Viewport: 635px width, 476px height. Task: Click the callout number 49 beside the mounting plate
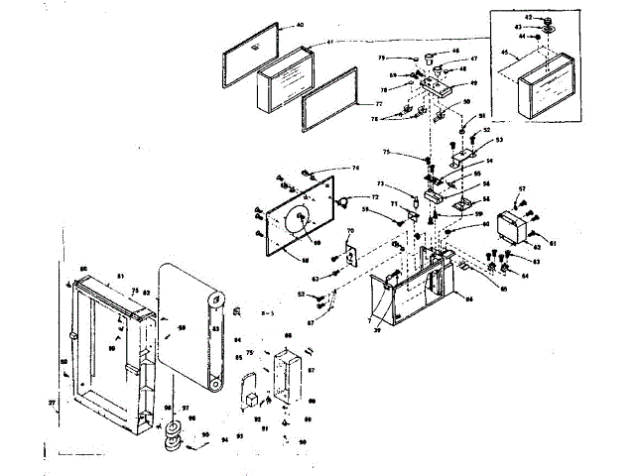tap(474, 83)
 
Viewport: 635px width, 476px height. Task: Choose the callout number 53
tap(499, 140)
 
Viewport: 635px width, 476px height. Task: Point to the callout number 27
tap(52, 403)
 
